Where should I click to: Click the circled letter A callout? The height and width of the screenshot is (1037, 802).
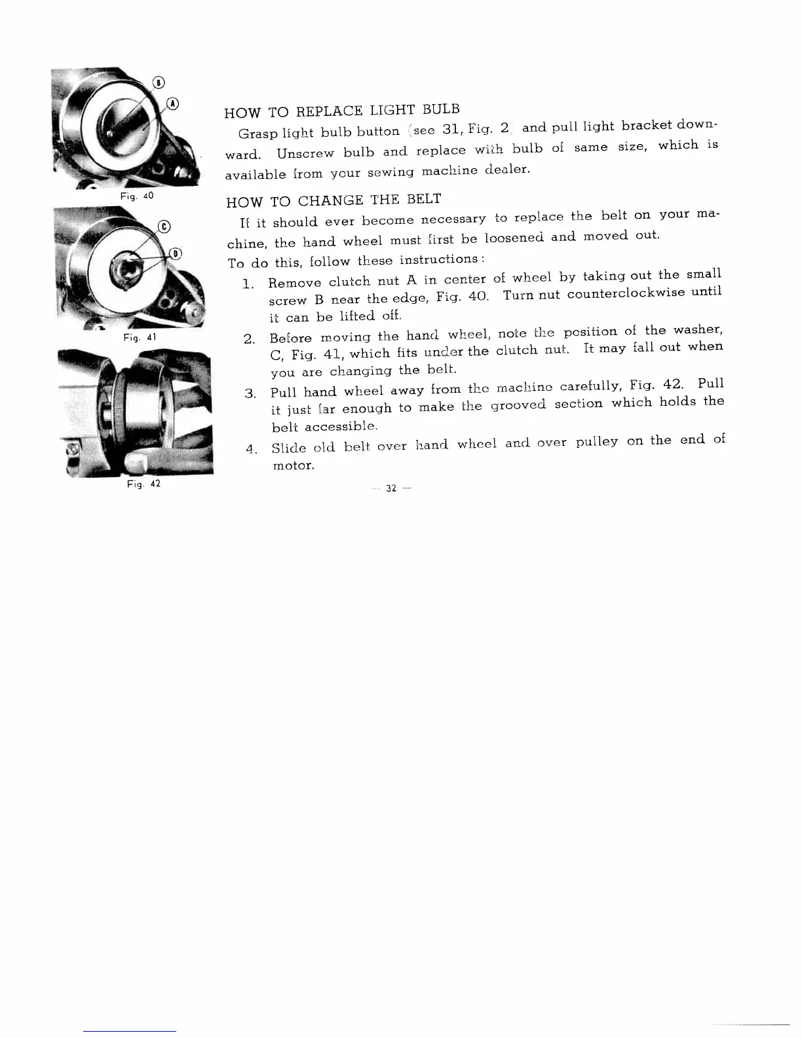(172, 103)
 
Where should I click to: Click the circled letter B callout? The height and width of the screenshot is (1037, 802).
(159, 82)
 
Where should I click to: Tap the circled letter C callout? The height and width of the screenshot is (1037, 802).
(165, 227)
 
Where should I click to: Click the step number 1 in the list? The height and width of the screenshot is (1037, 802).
(248, 285)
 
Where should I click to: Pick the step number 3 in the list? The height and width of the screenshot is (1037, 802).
(249, 393)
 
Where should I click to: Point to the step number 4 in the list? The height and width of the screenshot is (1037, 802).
(249, 450)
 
